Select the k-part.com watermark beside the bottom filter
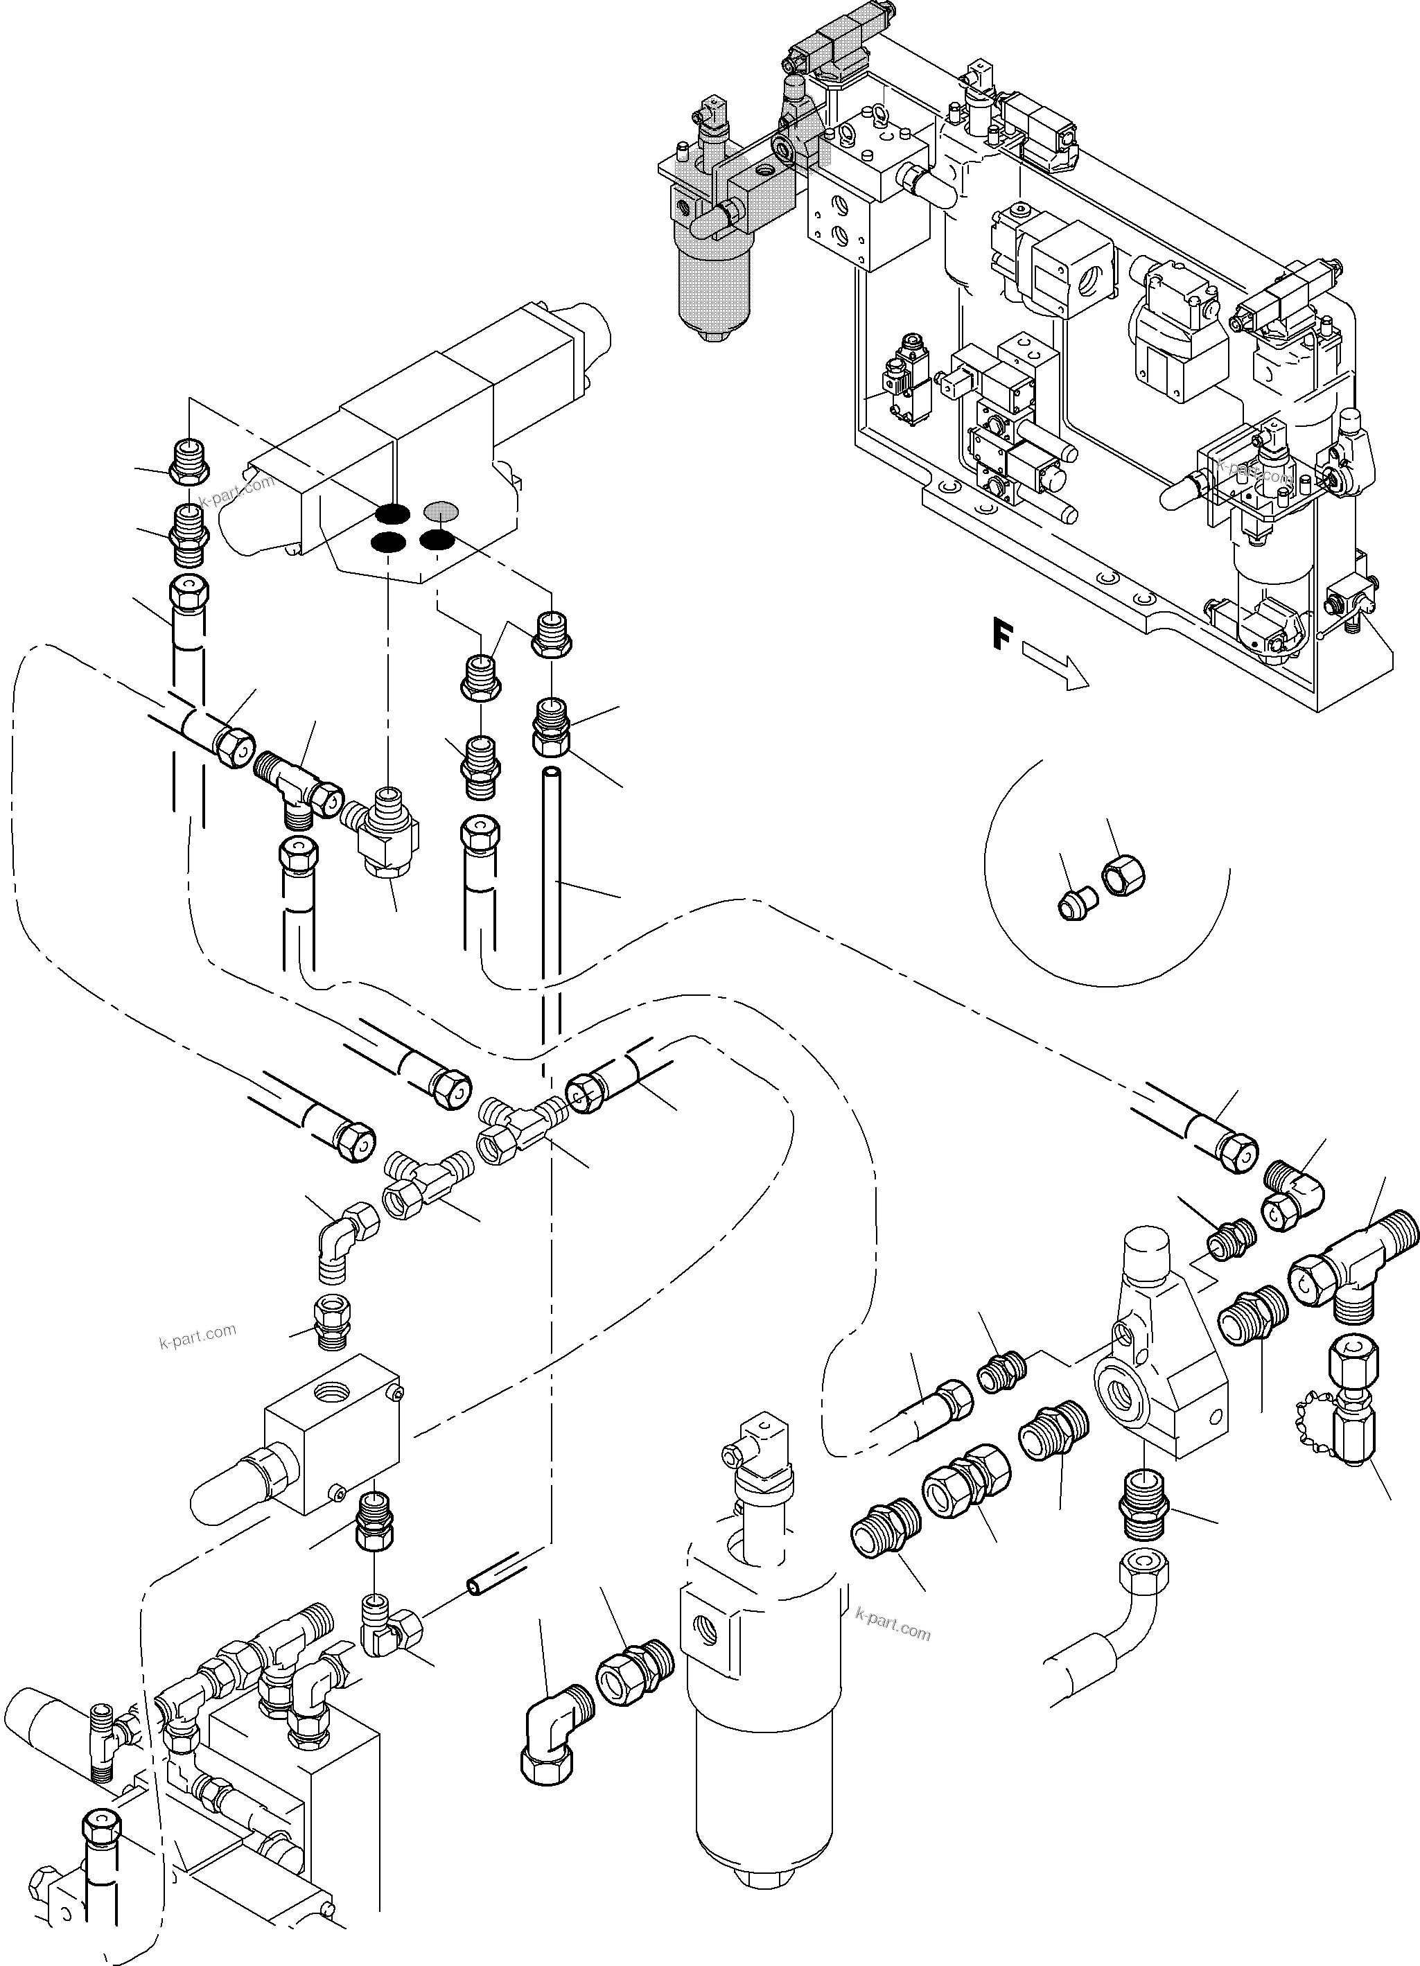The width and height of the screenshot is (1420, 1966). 892,1630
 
